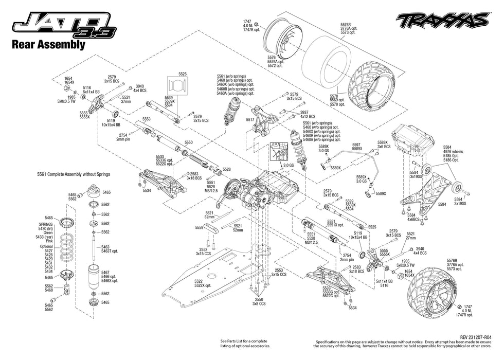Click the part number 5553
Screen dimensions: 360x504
tap(147, 119)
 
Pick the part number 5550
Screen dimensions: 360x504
tap(188, 142)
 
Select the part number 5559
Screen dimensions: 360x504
tap(200, 227)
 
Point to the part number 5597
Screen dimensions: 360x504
tap(356, 145)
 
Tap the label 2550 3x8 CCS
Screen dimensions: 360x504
tap(259, 301)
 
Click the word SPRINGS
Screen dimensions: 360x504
tap(45, 225)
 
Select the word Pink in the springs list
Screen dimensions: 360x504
tap(48, 241)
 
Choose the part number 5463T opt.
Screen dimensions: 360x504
tap(109, 251)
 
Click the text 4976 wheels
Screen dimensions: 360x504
tap(453, 152)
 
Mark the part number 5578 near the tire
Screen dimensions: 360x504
tap(334, 96)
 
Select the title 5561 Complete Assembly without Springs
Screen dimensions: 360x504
tap(74, 174)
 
